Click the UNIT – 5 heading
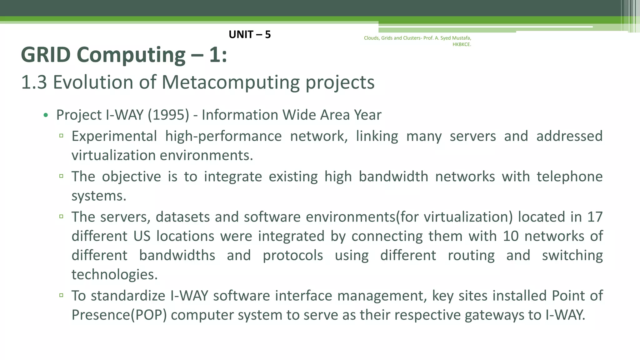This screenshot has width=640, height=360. (249, 34)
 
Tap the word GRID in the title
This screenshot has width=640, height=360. (46, 55)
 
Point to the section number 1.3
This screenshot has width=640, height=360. (34, 82)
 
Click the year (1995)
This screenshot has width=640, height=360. (168, 115)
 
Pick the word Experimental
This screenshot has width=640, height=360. (114, 136)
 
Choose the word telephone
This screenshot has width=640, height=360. (569, 177)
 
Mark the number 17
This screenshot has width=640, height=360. (595, 217)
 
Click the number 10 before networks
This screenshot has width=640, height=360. (511, 236)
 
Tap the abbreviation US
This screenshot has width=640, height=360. (142, 236)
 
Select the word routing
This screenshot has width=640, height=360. (471, 255)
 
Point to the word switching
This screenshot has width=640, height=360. (572, 255)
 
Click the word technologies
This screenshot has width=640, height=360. (114, 274)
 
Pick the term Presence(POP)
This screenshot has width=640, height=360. (119, 315)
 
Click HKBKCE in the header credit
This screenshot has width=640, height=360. (462, 44)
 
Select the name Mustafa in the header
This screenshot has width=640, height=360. (461, 38)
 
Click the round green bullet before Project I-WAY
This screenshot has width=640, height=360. (46, 115)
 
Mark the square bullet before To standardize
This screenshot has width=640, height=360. (61, 295)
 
